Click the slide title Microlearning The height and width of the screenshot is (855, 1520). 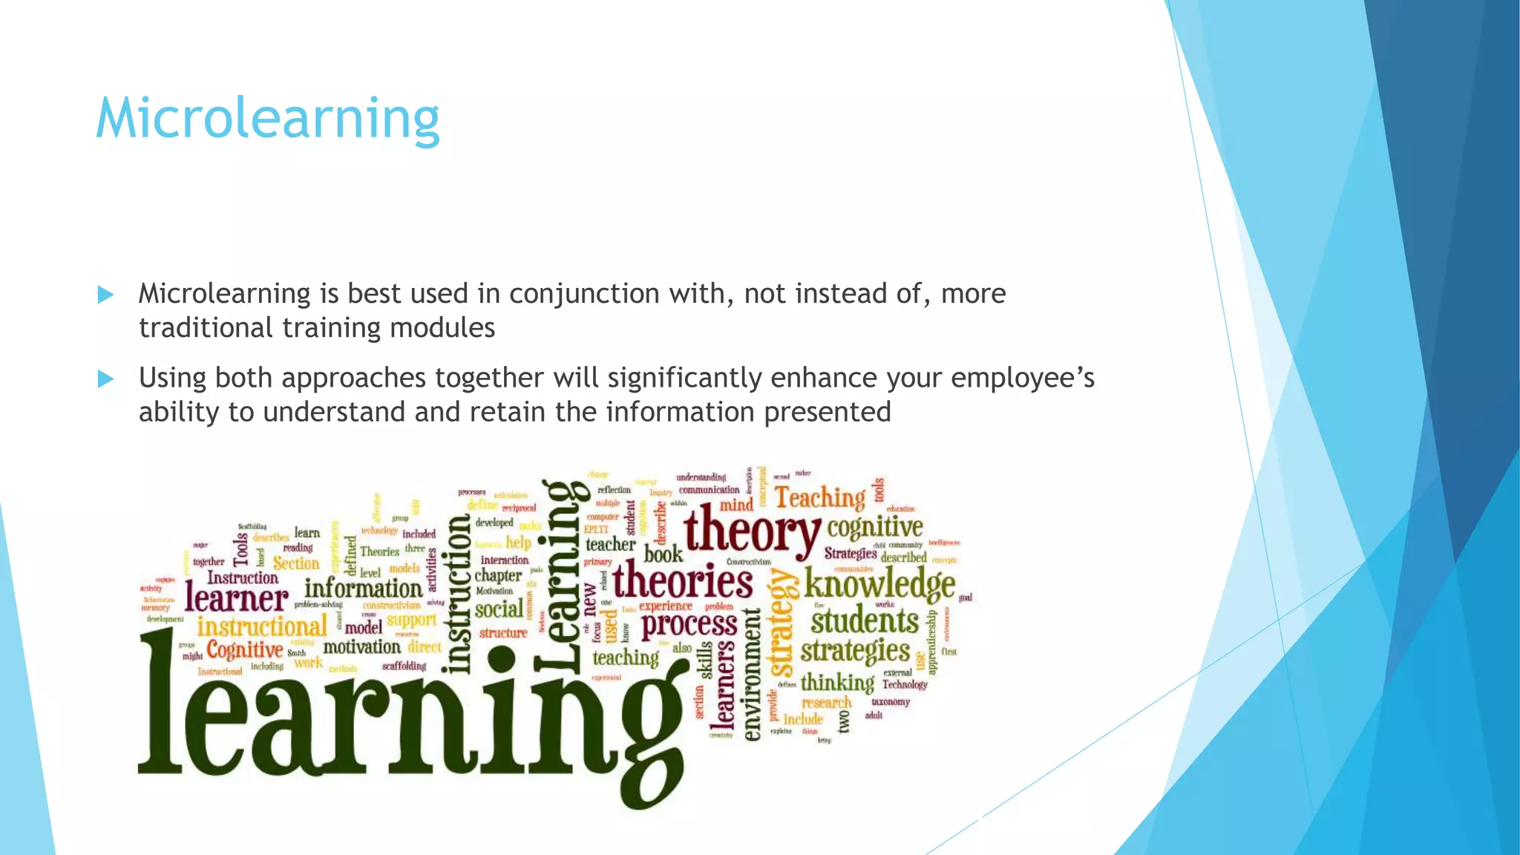(268, 119)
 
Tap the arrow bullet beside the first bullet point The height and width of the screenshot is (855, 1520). (105, 295)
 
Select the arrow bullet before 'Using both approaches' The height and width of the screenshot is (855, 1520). (105, 379)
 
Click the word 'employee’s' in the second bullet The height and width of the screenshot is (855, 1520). (1022, 379)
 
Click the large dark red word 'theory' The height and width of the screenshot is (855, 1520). (752, 529)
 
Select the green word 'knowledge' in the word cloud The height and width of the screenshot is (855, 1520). (879, 583)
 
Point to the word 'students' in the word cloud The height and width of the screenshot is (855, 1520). (865, 620)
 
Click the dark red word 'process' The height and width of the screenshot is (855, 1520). (689, 625)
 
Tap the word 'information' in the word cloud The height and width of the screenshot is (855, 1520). (363, 588)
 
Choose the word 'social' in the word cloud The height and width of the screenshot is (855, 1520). (499, 610)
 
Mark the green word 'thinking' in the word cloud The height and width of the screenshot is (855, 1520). (837, 682)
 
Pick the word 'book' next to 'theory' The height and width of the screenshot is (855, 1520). (663, 554)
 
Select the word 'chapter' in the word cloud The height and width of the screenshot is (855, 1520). (498, 576)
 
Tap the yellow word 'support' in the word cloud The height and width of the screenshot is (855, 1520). (412, 620)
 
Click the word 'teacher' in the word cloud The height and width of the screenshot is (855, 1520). (610, 545)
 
